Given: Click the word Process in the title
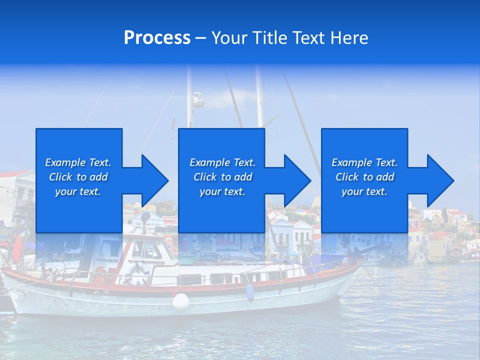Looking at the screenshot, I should point(157,37).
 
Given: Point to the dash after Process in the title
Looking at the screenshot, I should point(200,38).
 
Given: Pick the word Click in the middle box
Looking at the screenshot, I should point(205,177).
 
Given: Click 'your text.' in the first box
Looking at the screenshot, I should point(78,191).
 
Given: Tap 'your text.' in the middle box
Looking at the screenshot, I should point(222,191).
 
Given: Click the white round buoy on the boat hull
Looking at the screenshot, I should point(181,301).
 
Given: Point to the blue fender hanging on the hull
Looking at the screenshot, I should point(250,293).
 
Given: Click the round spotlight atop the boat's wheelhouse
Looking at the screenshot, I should point(145,217).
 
